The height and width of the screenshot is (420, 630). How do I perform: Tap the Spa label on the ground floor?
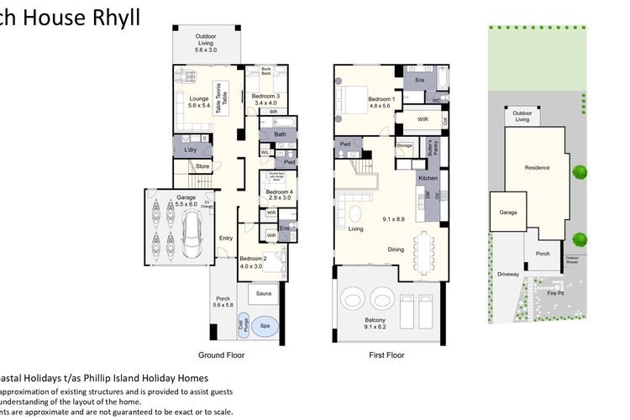point(264,324)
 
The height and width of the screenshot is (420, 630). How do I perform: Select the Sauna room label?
point(264,294)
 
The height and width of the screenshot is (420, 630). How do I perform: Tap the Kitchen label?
point(428,179)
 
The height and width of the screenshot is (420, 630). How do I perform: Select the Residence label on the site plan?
point(538,167)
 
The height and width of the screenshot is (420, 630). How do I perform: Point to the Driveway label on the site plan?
point(508,274)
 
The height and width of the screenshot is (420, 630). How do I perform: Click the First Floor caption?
point(386,355)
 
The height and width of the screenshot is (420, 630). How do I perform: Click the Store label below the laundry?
point(202,166)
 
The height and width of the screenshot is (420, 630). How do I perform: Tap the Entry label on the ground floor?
point(225,238)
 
